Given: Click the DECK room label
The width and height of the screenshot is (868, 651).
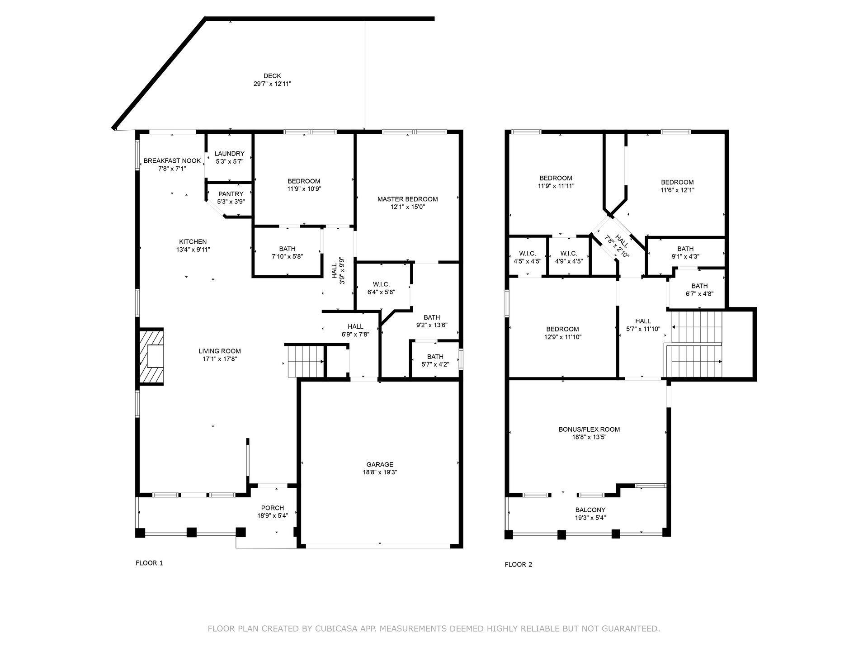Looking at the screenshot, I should pyautogui.click(x=272, y=76).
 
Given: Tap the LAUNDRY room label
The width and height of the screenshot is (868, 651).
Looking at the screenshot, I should pyautogui.click(x=229, y=154).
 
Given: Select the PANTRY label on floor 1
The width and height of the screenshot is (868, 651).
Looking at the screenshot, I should pyautogui.click(x=231, y=194).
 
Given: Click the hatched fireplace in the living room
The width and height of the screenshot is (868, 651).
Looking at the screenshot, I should pyautogui.click(x=151, y=357).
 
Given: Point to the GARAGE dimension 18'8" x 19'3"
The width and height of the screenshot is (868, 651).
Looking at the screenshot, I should pyautogui.click(x=380, y=472).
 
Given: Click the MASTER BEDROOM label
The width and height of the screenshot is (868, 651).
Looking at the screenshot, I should pyautogui.click(x=407, y=199).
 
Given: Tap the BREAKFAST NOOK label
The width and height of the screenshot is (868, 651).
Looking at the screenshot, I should pyautogui.click(x=172, y=161).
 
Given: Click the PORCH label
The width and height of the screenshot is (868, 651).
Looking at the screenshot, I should pyautogui.click(x=272, y=508).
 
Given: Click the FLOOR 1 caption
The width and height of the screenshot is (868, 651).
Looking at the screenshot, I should pyautogui.click(x=149, y=563).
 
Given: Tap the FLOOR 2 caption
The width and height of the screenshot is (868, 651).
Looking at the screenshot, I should pyautogui.click(x=519, y=564).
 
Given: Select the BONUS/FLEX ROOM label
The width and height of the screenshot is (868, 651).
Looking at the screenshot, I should pyautogui.click(x=589, y=429).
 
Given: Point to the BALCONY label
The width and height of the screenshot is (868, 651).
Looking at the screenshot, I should pyautogui.click(x=590, y=510).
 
